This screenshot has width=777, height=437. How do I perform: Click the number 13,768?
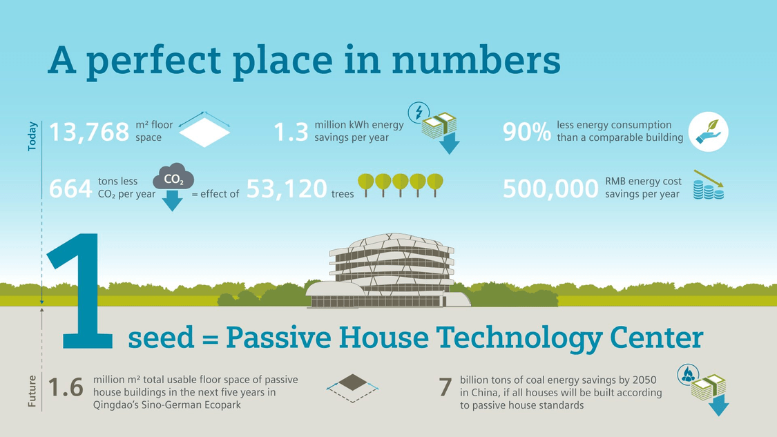(x=89, y=132)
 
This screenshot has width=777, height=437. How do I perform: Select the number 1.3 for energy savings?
(x=291, y=133)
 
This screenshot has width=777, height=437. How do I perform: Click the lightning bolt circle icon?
(x=419, y=113)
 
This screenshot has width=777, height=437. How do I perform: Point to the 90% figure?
(x=527, y=132)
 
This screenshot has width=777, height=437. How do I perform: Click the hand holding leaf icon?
(x=708, y=131)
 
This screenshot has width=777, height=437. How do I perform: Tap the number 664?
(x=70, y=188)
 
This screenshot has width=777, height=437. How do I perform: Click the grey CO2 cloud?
(x=173, y=176)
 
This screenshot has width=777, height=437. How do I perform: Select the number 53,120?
(x=287, y=188)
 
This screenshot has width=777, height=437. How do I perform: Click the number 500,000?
(x=550, y=188)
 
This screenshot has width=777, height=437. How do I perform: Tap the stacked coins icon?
(x=709, y=190)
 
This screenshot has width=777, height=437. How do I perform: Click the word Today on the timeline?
(x=32, y=136)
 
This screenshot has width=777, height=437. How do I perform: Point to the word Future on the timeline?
(x=32, y=391)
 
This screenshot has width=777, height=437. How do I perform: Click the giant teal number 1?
(x=80, y=291)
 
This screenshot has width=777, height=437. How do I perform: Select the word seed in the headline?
(x=161, y=338)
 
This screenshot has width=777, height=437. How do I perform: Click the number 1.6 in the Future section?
(x=66, y=387)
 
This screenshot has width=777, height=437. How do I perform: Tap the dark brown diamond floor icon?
(x=353, y=382)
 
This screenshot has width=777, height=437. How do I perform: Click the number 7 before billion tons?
(x=445, y=387)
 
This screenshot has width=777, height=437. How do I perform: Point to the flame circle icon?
(x=688, y=375)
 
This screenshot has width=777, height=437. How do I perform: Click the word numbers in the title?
(x=476, y=61)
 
